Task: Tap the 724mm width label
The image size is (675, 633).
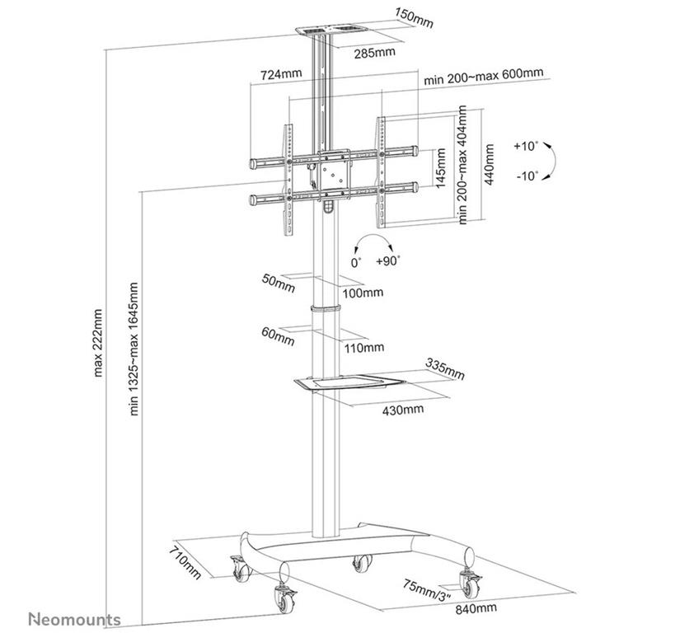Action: pos(281,74)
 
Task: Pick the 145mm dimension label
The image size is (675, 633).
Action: pos(442,168)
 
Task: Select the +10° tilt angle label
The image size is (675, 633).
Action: pos(525,146)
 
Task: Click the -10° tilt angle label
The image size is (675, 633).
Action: pos(525,176)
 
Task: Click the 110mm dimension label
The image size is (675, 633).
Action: pos(363,347)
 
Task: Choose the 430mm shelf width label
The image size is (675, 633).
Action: pos(404,410)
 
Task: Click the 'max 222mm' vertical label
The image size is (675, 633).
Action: pos(98,343)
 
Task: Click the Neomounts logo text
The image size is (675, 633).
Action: pos(75,619)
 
